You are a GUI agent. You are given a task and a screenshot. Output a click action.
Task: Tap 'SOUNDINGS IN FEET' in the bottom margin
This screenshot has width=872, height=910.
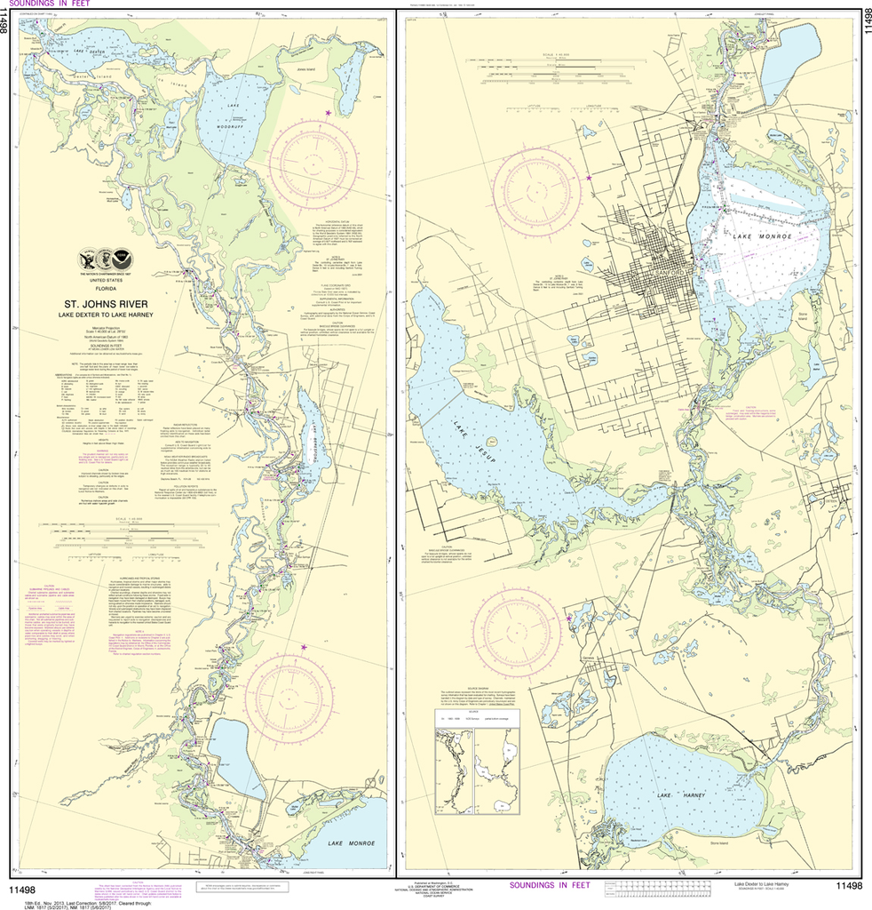click(549, 885)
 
